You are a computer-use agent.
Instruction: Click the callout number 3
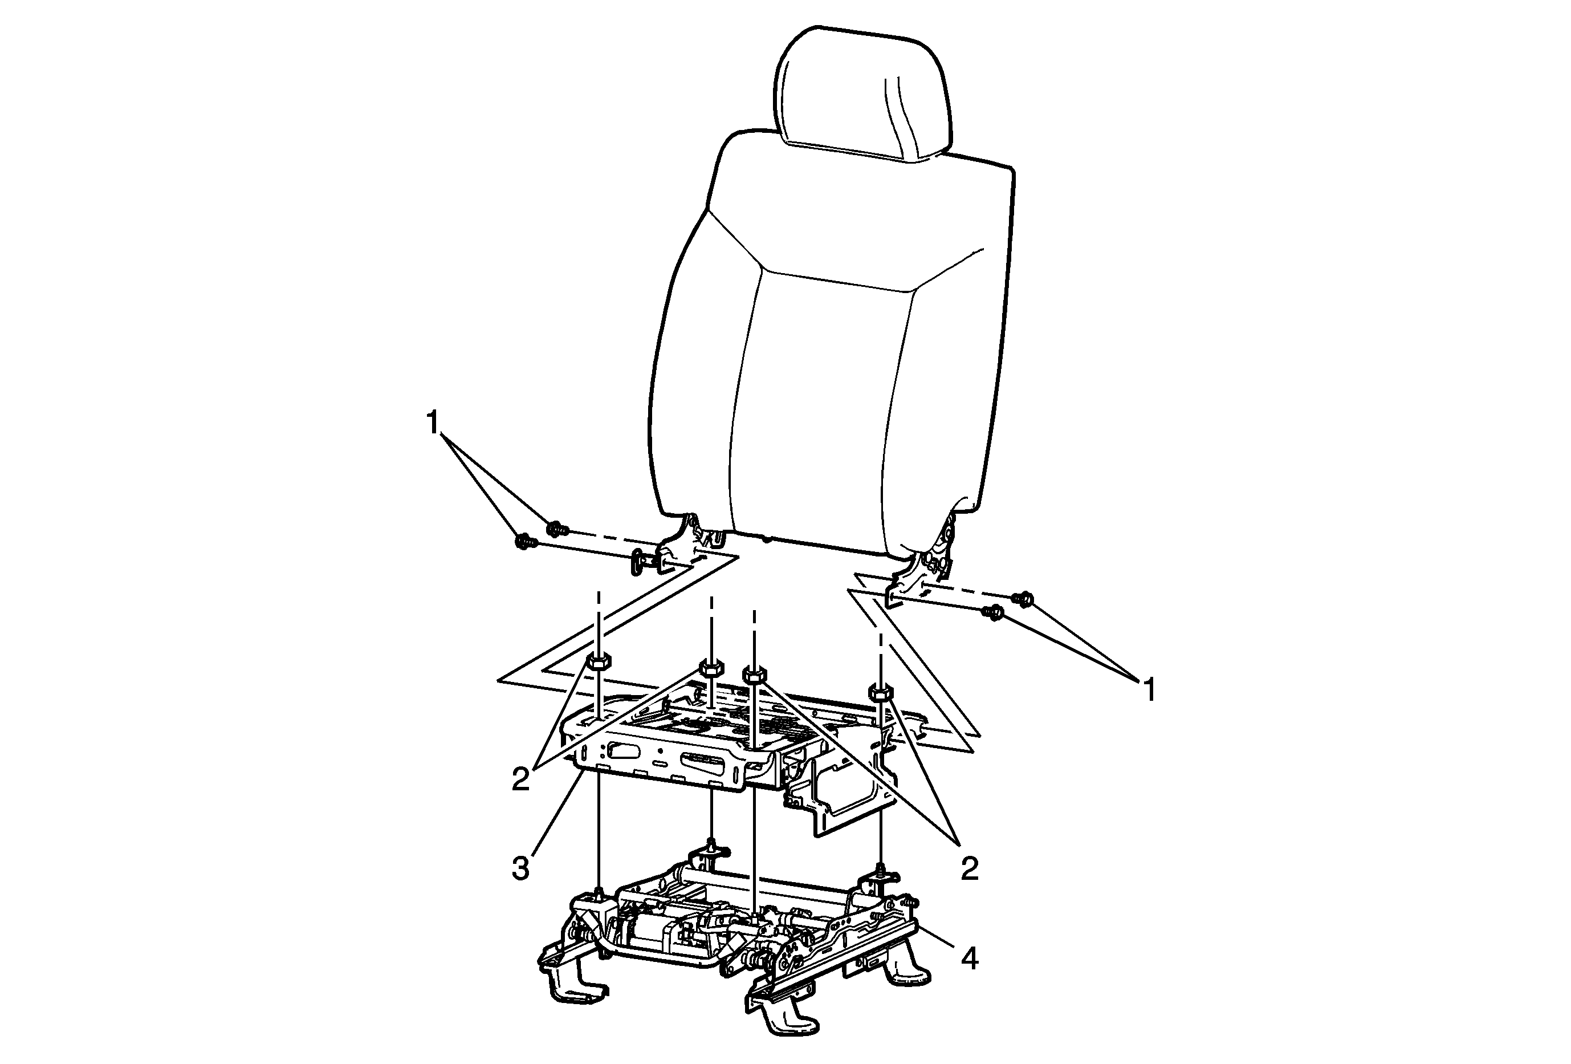pyautogui.click(x=520, y=868)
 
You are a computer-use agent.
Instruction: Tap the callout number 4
pyautogui.click(x=970, y=958)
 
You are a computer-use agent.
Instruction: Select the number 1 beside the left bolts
pyautogui.click(x=433, y=423)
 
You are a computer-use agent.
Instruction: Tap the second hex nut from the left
pyautogui.click(x=710, y=667)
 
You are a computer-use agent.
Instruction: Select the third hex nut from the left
pyautogui.click(x=754, y=674)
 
